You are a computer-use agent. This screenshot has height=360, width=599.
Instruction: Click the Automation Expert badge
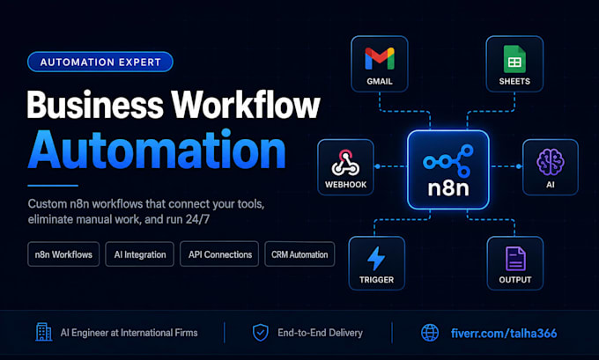[100, 62]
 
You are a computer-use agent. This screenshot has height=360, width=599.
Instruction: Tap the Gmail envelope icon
[380, 58]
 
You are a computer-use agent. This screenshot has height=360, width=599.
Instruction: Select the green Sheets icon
[514, 59]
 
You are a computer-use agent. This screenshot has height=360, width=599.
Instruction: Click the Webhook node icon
[345, 163]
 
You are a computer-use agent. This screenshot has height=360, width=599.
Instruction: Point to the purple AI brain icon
[550, 162]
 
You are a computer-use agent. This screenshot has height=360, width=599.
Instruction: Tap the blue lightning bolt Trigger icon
[376, 259]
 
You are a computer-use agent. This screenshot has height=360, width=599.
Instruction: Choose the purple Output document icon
[515, 259]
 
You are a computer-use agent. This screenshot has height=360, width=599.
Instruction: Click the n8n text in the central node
[448, 188]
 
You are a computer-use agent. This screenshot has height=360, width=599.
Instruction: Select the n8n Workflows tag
[63, 254]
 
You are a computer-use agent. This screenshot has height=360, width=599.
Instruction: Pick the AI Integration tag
[140, 254]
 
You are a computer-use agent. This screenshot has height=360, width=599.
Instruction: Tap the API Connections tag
[219, 254]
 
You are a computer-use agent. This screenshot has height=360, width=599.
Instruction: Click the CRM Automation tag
[299, 254]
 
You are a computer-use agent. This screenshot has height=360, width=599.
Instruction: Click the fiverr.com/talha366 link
[504, 334]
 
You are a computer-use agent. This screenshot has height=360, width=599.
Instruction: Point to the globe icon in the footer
[430, 333]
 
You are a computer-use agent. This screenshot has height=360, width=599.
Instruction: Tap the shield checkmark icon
[261, 333]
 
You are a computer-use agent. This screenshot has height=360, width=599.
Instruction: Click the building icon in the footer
[43, 332]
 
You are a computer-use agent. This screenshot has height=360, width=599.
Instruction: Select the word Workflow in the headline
[245, 105]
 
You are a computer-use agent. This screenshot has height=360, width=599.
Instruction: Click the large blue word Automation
[157, 150]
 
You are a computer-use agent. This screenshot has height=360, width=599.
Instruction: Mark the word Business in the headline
[95, 105]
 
